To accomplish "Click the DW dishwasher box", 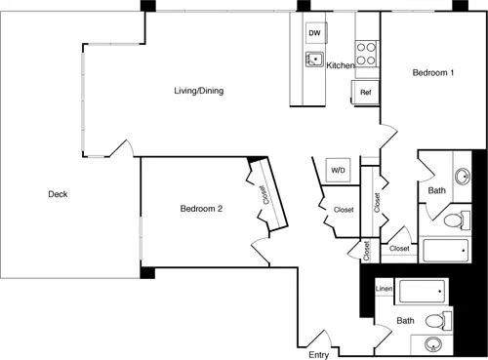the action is coord(316,33).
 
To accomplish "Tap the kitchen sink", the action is coord(314,60).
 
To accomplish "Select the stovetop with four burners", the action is coord(367,54).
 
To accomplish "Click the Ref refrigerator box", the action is coord(365,93).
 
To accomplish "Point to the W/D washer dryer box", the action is coord(339,170).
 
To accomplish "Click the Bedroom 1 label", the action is coord(433,72).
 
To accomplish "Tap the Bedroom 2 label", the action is coord(201,209).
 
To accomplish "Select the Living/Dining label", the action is coord(199,91).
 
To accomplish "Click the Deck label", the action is coord(58,194).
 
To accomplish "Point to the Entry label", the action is coord(318,355).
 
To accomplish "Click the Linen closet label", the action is coord(384,289).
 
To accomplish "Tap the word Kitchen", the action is coord(341,65).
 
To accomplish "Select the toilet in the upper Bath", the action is coord(457,220).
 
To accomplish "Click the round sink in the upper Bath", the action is coord(463,177).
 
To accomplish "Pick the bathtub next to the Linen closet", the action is coord(422,291).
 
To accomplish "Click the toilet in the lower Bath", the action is coord(438,321).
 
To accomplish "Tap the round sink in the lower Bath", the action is coord(433,344).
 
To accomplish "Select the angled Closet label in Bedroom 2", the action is coord(264,195).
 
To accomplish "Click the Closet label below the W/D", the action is coord(344,210).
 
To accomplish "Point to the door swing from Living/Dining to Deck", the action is coord(122,148).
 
